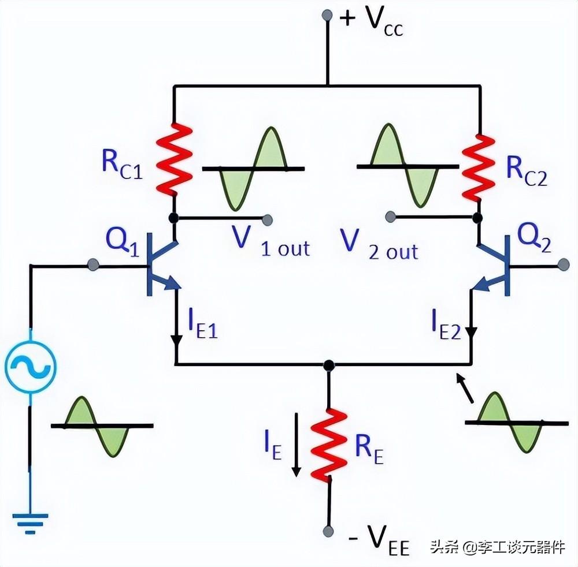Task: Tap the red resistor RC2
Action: click(479, 167)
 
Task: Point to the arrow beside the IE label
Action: click(297, 445)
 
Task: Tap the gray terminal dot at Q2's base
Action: click(564, 266)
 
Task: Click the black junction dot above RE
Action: click(328, 365)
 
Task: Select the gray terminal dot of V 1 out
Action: click(268, 219)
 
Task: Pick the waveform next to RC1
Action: click(253, 168)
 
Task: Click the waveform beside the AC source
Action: click(102, 426)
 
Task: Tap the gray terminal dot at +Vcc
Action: click(327, 14)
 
